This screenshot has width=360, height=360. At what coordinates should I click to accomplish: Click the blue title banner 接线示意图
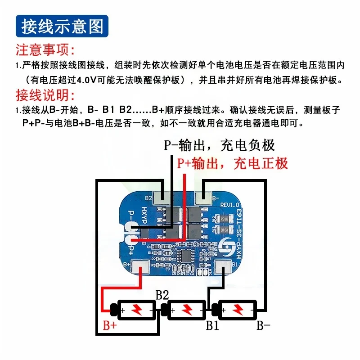[x=60, y=27]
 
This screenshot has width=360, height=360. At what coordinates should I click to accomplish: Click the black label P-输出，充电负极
[x=219, y=145]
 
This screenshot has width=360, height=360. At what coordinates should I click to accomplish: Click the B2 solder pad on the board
[x=162, y=197]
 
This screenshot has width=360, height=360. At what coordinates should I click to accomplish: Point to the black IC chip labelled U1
[x=186, y=255]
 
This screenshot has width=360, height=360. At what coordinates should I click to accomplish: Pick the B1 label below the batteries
[x=212, y=325]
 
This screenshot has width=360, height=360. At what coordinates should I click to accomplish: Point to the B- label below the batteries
[x=263, y=325]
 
